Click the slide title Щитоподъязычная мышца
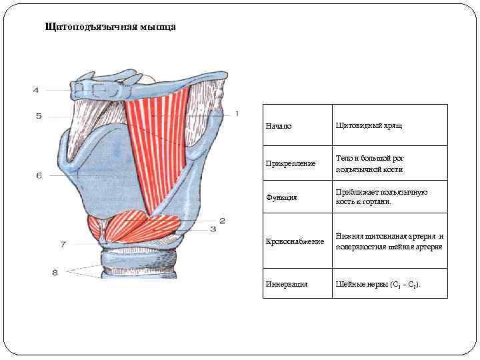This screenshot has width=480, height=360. [x=110, y=27]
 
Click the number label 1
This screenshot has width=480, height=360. [x=236, y=114]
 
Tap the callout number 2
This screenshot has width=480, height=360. [x=223, y=220]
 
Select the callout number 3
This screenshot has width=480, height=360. [x=213, y=229]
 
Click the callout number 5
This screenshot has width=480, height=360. [x=39, y=116]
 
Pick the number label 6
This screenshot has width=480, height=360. [x=39, y=175]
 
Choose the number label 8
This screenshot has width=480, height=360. [x=55, y=271]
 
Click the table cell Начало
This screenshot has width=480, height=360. [x=278, y=126]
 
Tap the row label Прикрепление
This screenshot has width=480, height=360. [x=291, y=164]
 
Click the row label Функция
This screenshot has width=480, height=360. [x=282, y=198]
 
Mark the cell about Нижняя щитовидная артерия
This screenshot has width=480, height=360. [x=390, y=241]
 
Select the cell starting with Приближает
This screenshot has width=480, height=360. [x=382, y=197]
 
